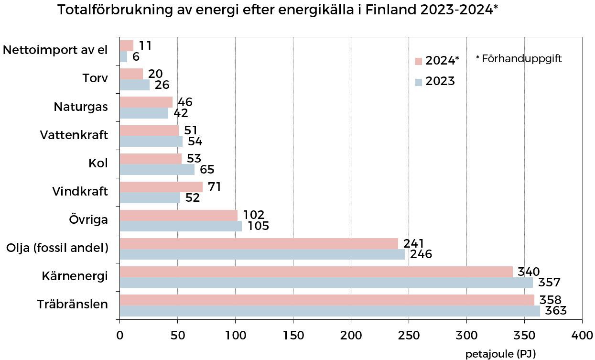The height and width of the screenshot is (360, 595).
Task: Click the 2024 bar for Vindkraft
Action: click(x=161, y=187)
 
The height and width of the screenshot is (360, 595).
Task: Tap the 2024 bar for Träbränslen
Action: click(x=327, y=300)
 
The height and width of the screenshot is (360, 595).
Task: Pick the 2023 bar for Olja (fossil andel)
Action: click(x=262, y=254)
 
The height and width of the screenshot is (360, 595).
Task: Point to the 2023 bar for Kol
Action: click(x=157, y=170)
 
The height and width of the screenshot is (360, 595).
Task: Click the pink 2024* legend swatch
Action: click(x=419, y=61)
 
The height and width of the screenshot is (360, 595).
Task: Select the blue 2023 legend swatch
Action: click(x=419, y=82)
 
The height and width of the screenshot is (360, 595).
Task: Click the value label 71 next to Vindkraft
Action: click(x=214, y=186)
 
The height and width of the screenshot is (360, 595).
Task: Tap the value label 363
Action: click(x=556, y=311)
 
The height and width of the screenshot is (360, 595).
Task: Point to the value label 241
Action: click(x=414, y=243)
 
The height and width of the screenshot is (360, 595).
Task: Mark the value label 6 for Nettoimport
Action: click(x=136, y=57)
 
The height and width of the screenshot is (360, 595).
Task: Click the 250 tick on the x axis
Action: click(x=409, y=336)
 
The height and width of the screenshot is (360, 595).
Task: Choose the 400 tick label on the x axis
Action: click(x=582, y=336)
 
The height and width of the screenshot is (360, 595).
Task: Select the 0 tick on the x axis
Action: click(x=119, y=336)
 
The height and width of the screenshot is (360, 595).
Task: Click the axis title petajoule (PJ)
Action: click(x=500, y=354)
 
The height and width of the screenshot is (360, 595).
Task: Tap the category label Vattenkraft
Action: click(x=74, y=135)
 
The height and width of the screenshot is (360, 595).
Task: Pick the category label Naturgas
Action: click(x=81, y=107)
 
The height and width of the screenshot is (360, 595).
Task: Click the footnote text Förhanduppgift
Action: click(x=521, y=59)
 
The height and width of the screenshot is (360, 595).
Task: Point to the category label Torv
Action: click(x=95, y=78)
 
